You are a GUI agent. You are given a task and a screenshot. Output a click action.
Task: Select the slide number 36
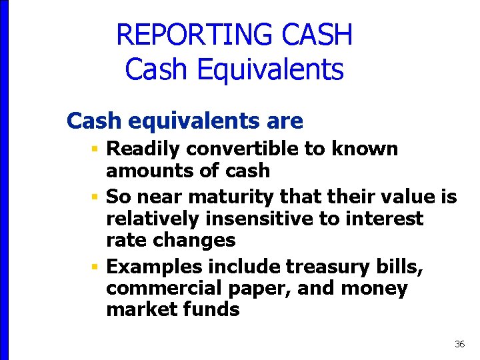[x=459, y=344]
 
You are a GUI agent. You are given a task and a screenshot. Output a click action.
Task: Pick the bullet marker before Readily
[x=96, y=149]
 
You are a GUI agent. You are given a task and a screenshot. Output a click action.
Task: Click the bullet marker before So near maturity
[x=96, y=197]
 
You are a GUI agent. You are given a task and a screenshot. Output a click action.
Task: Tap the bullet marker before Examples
[x=96, y=267]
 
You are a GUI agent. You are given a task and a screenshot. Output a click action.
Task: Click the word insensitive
[x=257, y=219]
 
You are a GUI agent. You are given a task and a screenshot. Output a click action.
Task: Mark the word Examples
[x=154, y=267]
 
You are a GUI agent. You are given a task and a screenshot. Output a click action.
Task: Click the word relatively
[x=152, y=219]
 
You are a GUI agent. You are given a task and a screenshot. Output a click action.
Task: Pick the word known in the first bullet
[x=367, y=149]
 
